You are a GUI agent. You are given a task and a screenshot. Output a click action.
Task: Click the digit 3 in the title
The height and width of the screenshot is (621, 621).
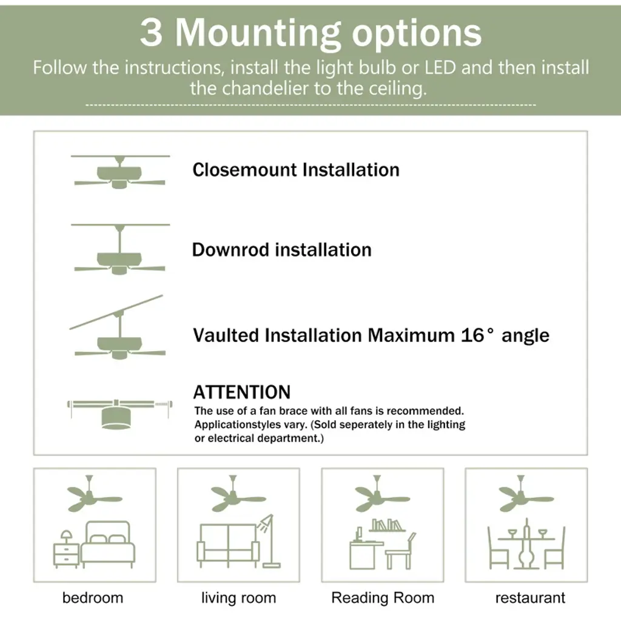coord(151,33)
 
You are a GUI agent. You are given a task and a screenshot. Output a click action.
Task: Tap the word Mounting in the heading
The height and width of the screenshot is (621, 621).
coord(258,35)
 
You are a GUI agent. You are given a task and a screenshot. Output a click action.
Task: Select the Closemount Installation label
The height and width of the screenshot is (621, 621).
coord(296,170)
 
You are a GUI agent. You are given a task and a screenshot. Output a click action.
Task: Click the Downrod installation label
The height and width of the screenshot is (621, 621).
coord(281,250)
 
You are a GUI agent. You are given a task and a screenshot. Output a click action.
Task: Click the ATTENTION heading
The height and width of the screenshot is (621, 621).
coord(241,392)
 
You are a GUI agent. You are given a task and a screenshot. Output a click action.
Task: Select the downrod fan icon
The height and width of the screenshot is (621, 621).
coord(120,249)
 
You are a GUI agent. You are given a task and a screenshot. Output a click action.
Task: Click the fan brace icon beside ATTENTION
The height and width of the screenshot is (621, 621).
coord(119,414)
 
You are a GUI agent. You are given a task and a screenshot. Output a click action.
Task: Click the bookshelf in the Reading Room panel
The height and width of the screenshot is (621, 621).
coord(387,526)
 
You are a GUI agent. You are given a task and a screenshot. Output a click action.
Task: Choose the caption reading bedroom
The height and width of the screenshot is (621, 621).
coord(93,597)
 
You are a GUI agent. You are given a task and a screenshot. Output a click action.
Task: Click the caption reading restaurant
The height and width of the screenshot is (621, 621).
coord(530,597)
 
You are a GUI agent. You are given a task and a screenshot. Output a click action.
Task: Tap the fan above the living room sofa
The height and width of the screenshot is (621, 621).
coord(238,494)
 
